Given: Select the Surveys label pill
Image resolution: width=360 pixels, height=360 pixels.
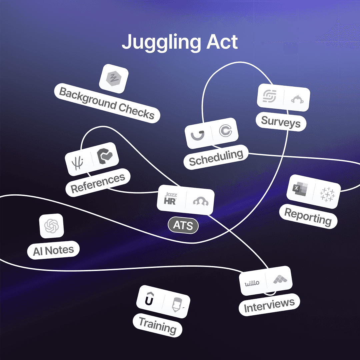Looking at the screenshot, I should pos(281,122).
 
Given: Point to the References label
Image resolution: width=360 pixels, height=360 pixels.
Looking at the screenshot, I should pos(98,183).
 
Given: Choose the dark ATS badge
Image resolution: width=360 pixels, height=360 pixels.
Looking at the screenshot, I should pos(183,226).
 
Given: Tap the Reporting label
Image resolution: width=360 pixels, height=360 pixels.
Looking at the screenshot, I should pos(308,217).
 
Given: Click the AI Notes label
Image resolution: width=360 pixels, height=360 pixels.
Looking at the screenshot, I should pos(53,250).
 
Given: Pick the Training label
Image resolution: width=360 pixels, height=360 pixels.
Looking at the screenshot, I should pos(157,325).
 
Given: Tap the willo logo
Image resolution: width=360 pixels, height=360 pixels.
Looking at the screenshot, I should pos(252,283).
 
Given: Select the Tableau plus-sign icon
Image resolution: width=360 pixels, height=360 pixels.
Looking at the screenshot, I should pos(327,194).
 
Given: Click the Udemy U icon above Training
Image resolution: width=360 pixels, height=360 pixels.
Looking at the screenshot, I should pos(149,299).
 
